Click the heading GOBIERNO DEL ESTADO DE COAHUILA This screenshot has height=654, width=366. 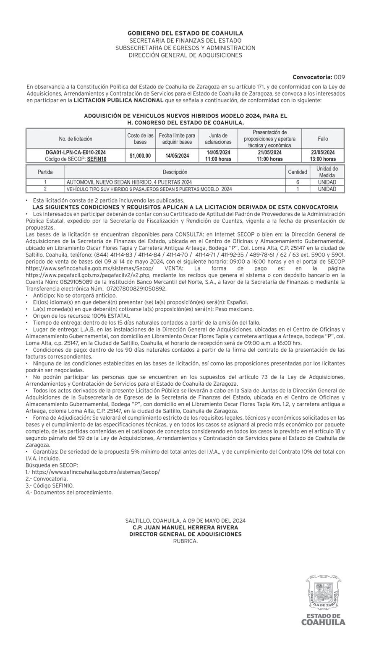[185, 33]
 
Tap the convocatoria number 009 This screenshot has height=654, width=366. [339, 77]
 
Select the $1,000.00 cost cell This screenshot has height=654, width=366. [140, 156]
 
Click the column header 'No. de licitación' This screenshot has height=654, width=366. [76, 139]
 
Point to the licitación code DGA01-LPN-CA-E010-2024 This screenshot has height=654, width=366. [76, 153]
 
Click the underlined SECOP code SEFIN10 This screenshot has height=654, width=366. [97, 159]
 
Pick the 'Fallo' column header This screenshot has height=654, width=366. [323, 139]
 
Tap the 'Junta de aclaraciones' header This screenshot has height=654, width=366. [218, 139]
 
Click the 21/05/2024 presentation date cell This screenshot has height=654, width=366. [269, 153]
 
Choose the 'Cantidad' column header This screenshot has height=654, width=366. [298, 172]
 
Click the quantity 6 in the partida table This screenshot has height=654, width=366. [298, 182]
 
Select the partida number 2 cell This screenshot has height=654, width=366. [45, 189]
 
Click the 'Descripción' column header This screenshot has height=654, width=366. [175, 172]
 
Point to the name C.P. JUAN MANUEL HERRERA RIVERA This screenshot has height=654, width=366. [185, 527]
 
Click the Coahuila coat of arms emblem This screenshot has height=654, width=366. [323, 593]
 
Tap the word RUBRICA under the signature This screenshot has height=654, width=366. [185, 541]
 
